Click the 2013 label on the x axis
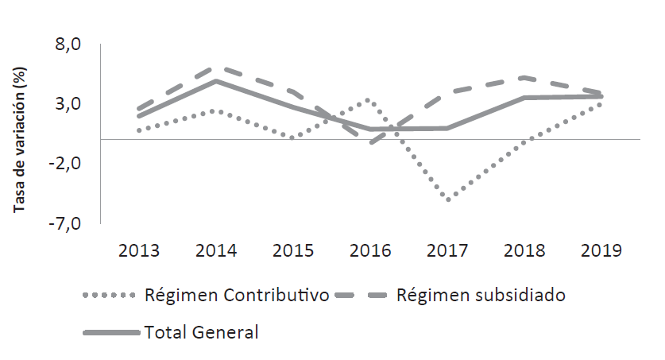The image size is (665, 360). [x=139, y=251]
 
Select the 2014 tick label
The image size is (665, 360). [x=216, y=251]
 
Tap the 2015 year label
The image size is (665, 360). [x=293, y=251]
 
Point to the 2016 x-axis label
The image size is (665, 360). [x=371, y=251]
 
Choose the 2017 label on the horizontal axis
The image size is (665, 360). [x=448, y=251]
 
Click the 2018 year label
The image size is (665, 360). [x=525, y=251]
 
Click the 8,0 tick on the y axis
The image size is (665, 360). [x=67, y=45]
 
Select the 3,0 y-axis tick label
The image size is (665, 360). [x=67, y=104]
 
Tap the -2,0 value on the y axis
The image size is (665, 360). [x=64, y=164]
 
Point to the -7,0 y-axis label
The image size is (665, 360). [x=64, y=223]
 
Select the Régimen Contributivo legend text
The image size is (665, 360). [x=237, y=296]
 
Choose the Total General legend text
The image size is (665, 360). [x=201, y=332]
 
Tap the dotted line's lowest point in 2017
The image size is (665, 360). [x=449, y=200]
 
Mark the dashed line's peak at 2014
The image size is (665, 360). [x=216, y=68]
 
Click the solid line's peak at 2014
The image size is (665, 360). [x=216, y=81]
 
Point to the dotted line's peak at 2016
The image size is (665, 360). [x=368, y=100]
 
